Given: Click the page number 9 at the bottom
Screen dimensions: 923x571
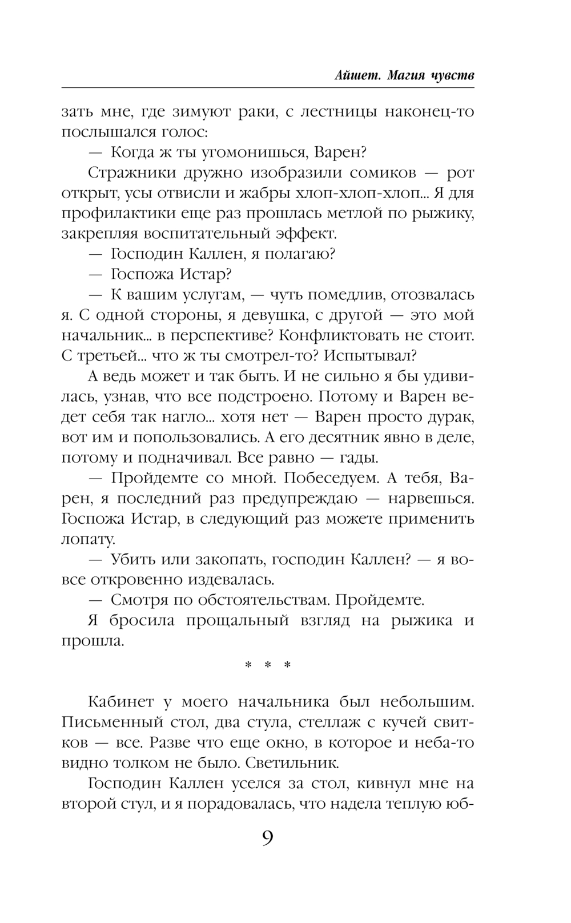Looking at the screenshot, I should pyautogui.click(x=268, y=839).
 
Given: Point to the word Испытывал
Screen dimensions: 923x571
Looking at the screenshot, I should pyautogui.click(x=370, y=356).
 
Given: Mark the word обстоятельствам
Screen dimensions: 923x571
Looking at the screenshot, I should pyautogui.click(x=262, y=600).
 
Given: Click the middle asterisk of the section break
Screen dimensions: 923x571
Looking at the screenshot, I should pyautogui.click(x=268, y=665).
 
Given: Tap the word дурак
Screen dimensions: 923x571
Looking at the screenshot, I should pyautogui.click(x=446, y=417).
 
